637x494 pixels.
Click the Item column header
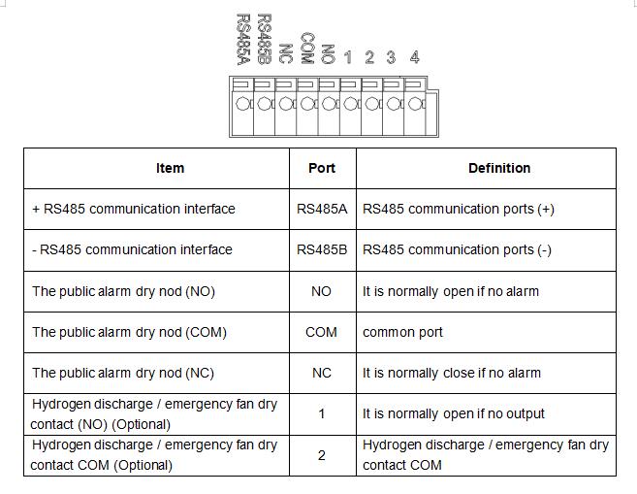coord(171,168)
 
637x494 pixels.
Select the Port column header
coord(322,168)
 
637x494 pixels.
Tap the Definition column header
coord(499,168)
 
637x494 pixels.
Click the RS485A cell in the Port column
coord(322,209)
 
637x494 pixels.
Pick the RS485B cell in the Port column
coord(322,249)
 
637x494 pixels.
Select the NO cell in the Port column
coord(321,291)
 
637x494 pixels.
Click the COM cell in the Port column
coord(321,332)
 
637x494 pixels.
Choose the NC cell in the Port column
coord(322,373)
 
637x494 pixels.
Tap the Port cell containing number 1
coord(322,413)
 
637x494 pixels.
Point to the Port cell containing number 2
coord(322,455)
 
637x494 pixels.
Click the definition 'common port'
coord(402,332)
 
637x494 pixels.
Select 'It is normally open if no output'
coord(454,413)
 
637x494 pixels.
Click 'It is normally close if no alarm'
coord(452,373)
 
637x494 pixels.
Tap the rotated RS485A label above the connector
coord(243,40)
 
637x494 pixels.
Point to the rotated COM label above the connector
coord(307,49)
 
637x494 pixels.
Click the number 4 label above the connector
coord(414,57)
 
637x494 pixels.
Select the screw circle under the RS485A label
coord(242,104)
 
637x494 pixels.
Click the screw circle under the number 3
coord(394,104)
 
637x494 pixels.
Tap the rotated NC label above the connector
coord(286,53)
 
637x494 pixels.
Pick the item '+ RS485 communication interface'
coord(134,209)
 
